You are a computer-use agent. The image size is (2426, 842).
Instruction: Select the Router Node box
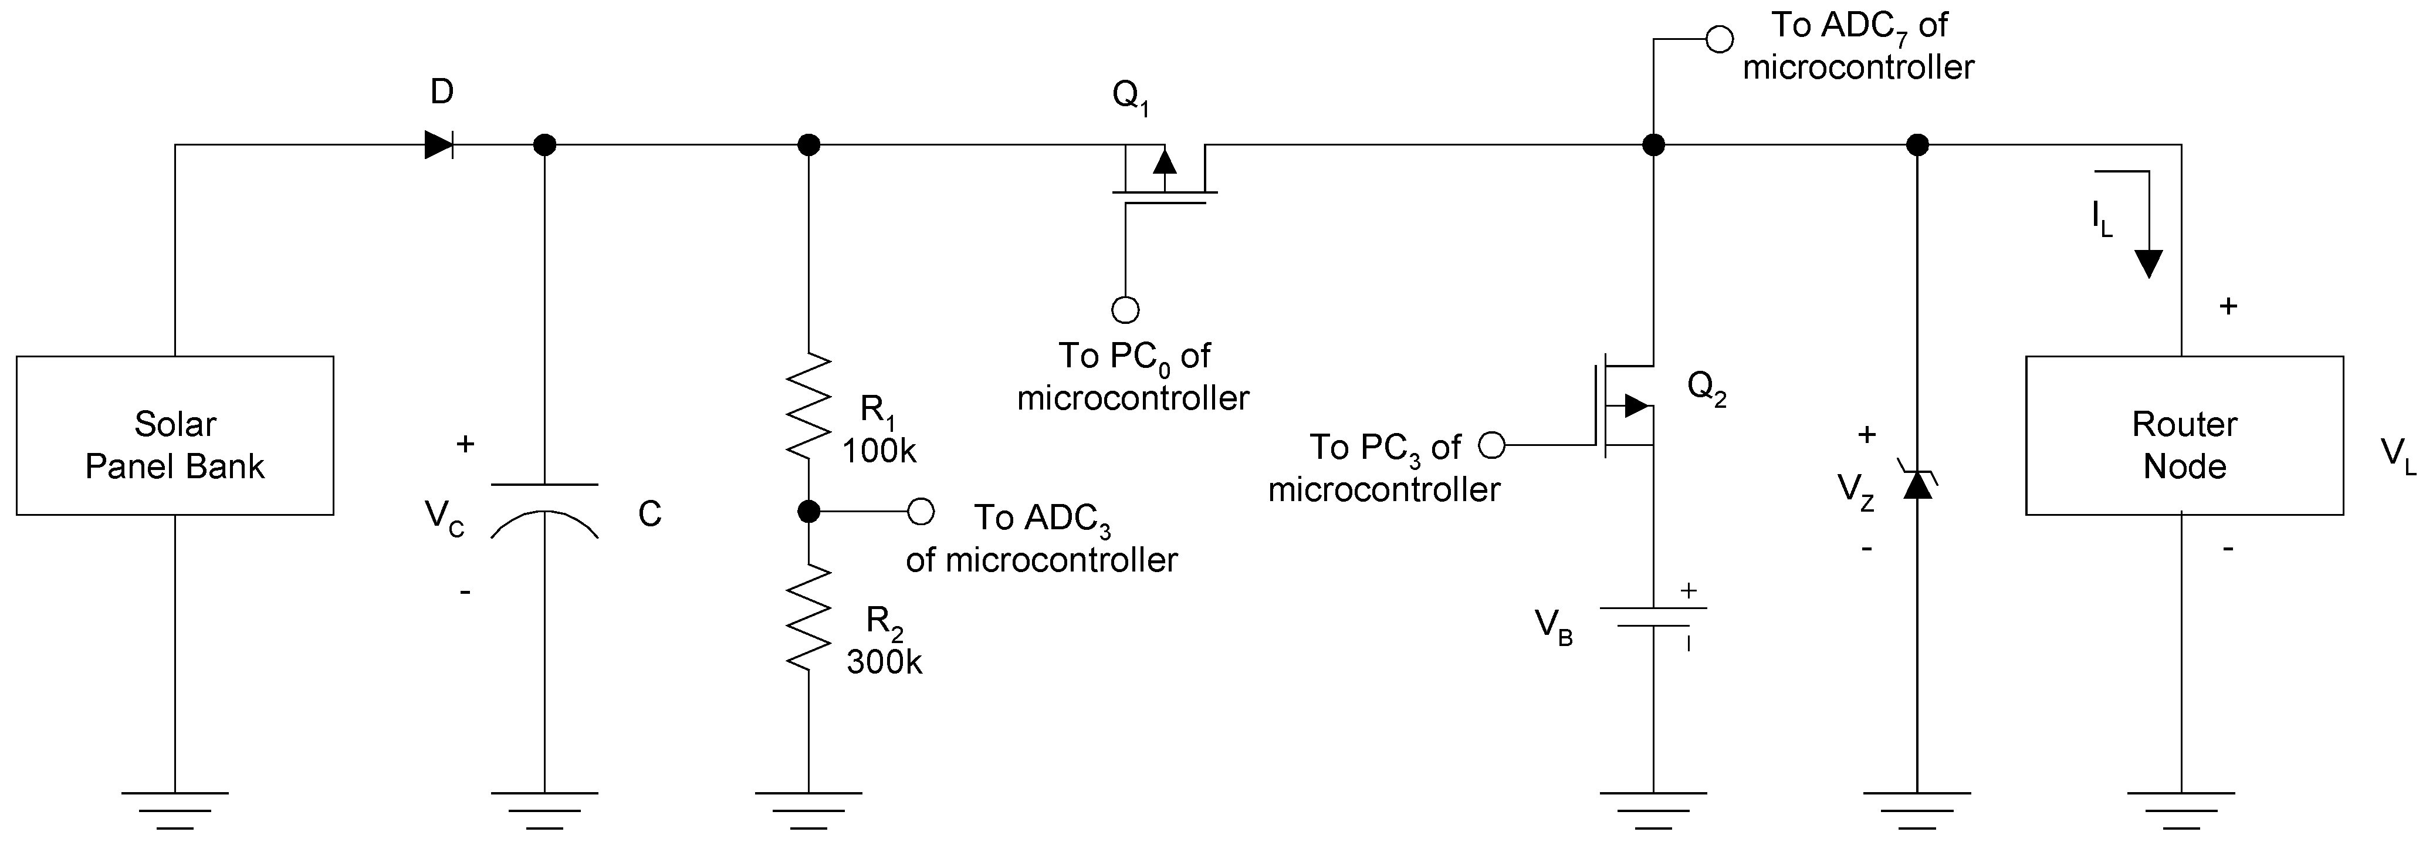pos(2183,435)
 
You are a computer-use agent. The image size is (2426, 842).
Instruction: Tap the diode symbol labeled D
pos(439,145)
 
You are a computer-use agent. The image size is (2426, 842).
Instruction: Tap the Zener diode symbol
pos(1917,483)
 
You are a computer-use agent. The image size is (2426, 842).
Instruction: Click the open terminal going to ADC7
pos(1720,39)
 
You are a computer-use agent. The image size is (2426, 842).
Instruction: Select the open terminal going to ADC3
pos(920,512)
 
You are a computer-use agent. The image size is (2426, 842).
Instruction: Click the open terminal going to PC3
pos(1492,445)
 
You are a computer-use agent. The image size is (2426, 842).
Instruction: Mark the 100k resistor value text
pos(879,451)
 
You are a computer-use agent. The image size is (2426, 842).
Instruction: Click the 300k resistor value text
pos(884,662)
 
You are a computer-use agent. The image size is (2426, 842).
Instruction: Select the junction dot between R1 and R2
pos(808,512)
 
